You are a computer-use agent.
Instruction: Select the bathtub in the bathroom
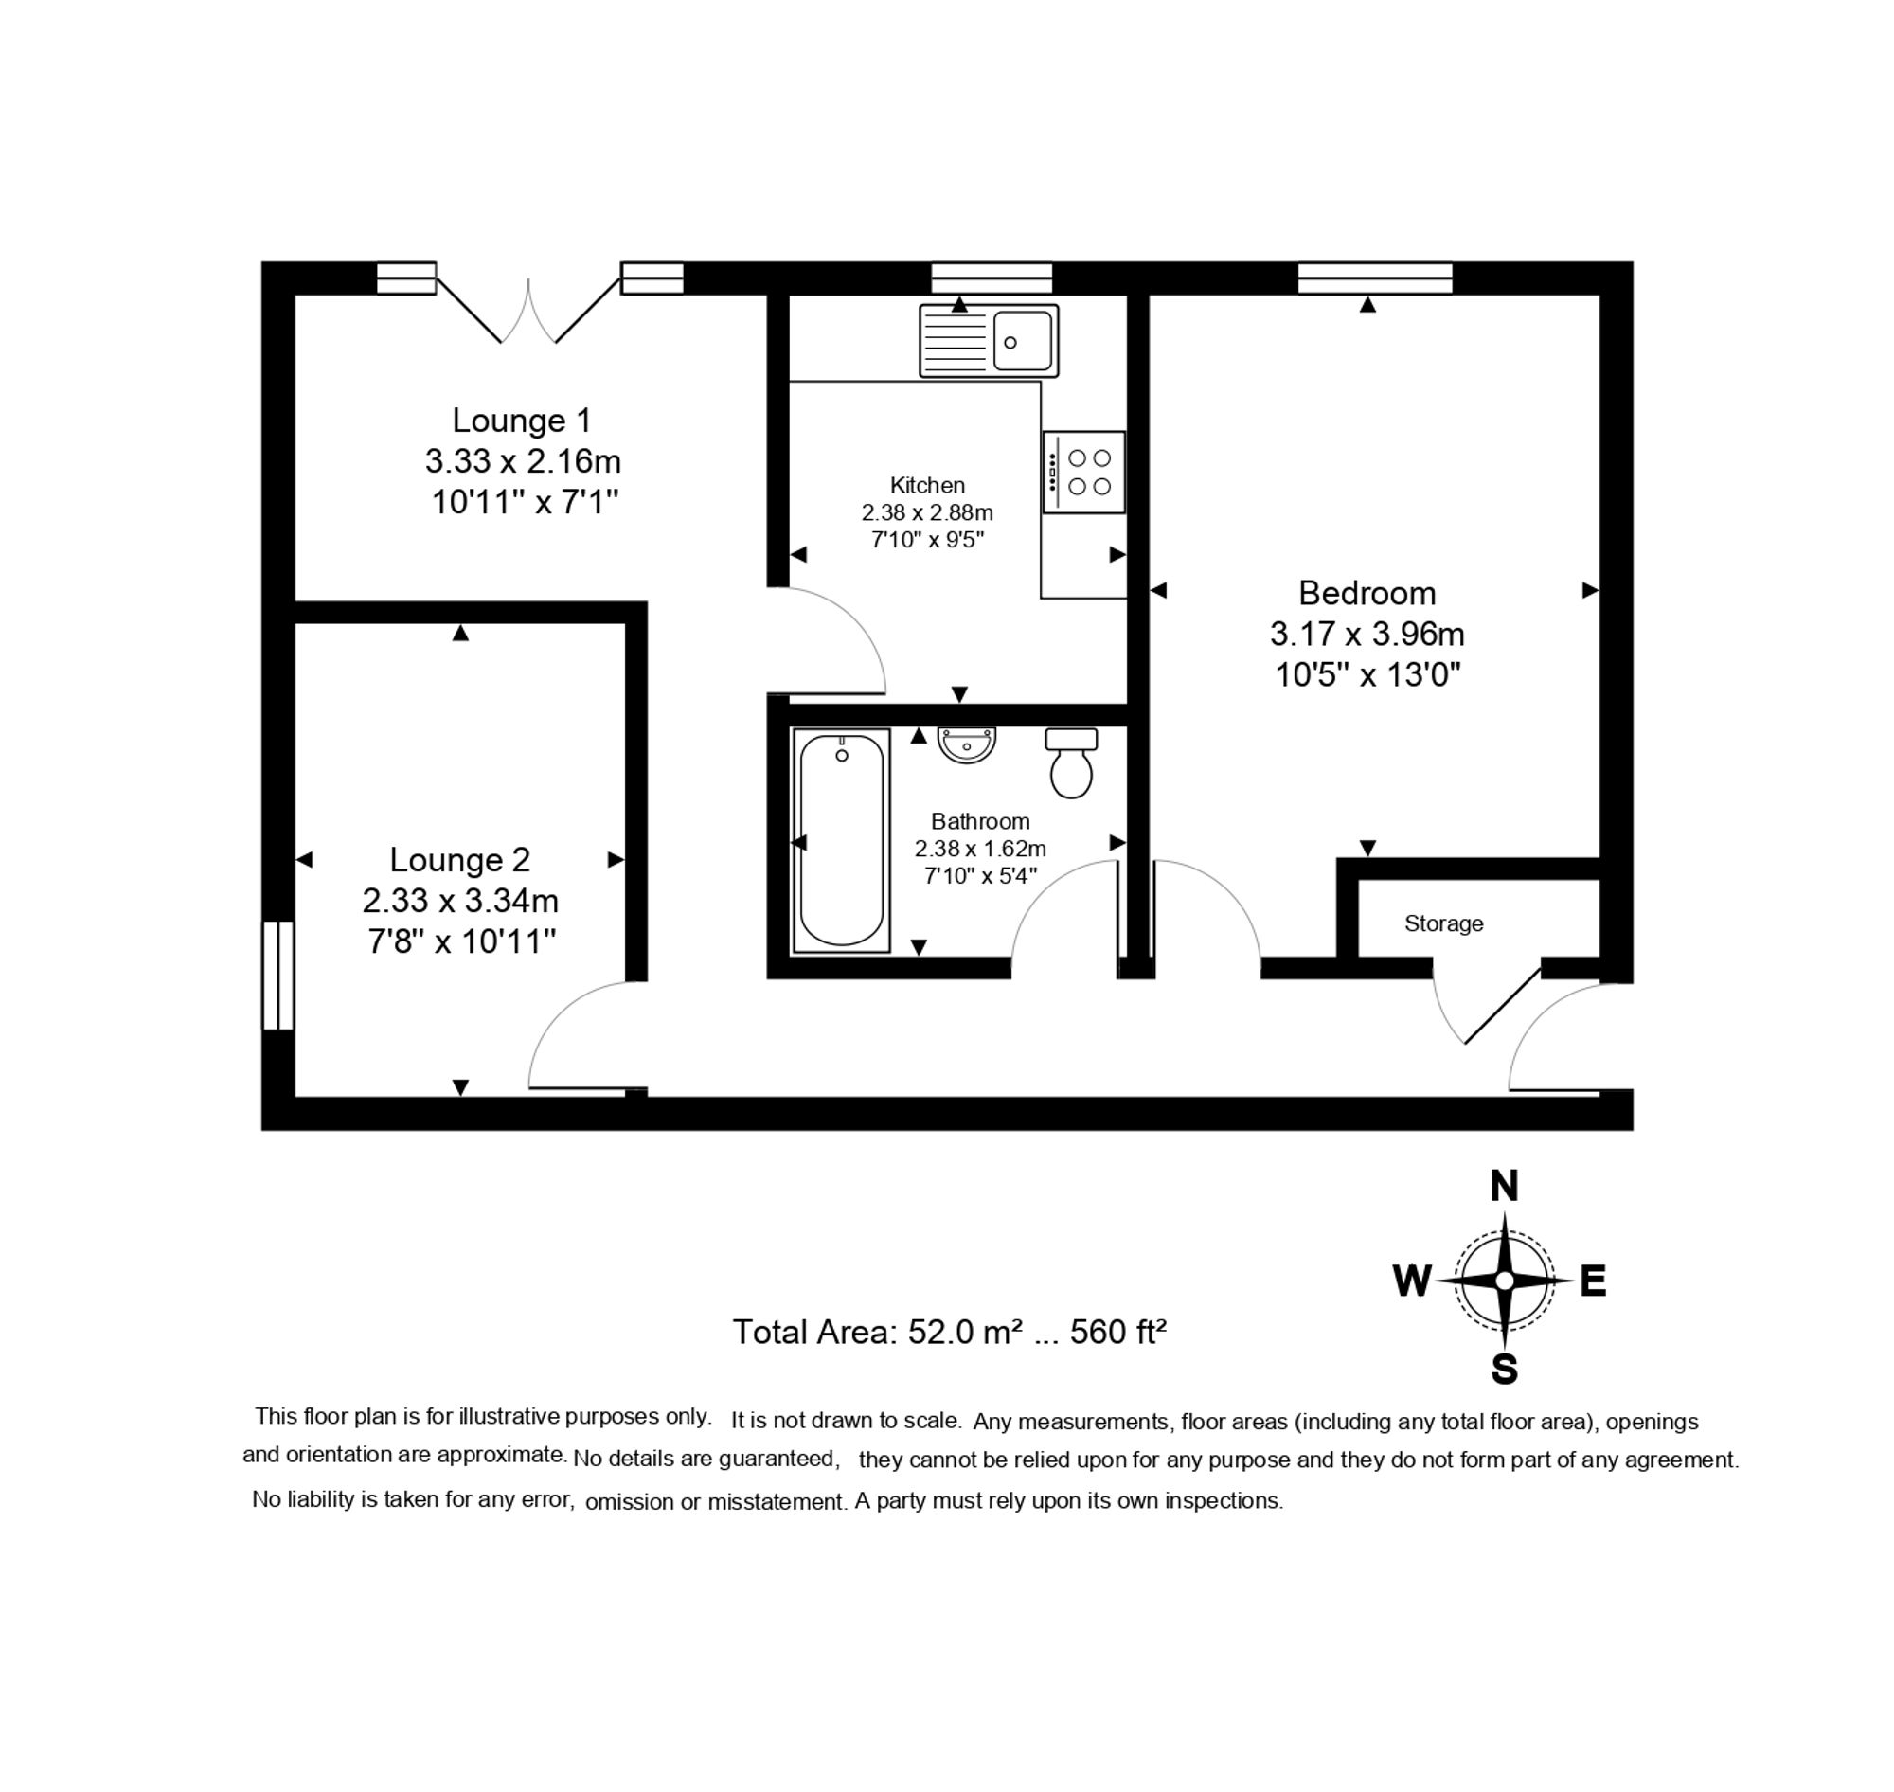click(x=841, y=841)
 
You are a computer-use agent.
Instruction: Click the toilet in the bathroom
click(x=1071, y=764)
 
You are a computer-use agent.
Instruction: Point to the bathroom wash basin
click(x=967, y=744)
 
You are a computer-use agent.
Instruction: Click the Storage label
click(x=1443, y=923)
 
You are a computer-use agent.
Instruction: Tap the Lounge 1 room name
click(x=522, y=421)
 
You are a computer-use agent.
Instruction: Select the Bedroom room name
click(x=1367, y=593)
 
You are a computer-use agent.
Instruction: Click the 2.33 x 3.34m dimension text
click(x=459, y=901)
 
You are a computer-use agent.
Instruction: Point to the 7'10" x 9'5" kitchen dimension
click(x=926, y=540)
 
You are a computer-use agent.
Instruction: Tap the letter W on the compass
click(x=1412, y=1281)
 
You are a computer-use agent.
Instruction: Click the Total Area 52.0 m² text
click(x=950, y=1332)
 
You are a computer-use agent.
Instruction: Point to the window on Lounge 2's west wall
click(x=277, y=976)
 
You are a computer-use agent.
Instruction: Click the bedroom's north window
click(x=1374, y=278)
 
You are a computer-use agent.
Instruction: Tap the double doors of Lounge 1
click(x=528, y=311)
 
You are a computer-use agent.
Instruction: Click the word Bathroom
click(x=980, y=821)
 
